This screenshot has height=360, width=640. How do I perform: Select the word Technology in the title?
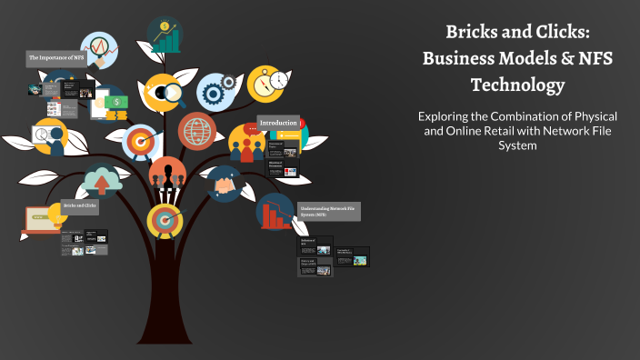pos(517,85)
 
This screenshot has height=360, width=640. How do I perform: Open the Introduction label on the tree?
pos(278,123)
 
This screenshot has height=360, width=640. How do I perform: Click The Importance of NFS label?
pos(56,59)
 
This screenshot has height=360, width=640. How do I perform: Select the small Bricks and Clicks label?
pos(80,206)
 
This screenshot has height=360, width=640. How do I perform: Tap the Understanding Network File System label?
pos(329,212)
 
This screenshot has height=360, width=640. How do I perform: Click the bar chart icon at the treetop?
pos(165,35)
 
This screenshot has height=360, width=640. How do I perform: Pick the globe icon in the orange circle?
pos(196,130)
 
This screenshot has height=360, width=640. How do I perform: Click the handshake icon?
pos(222,184)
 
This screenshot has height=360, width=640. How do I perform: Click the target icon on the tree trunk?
pos(165,218)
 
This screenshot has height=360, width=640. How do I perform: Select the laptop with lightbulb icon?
pos(41,218)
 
